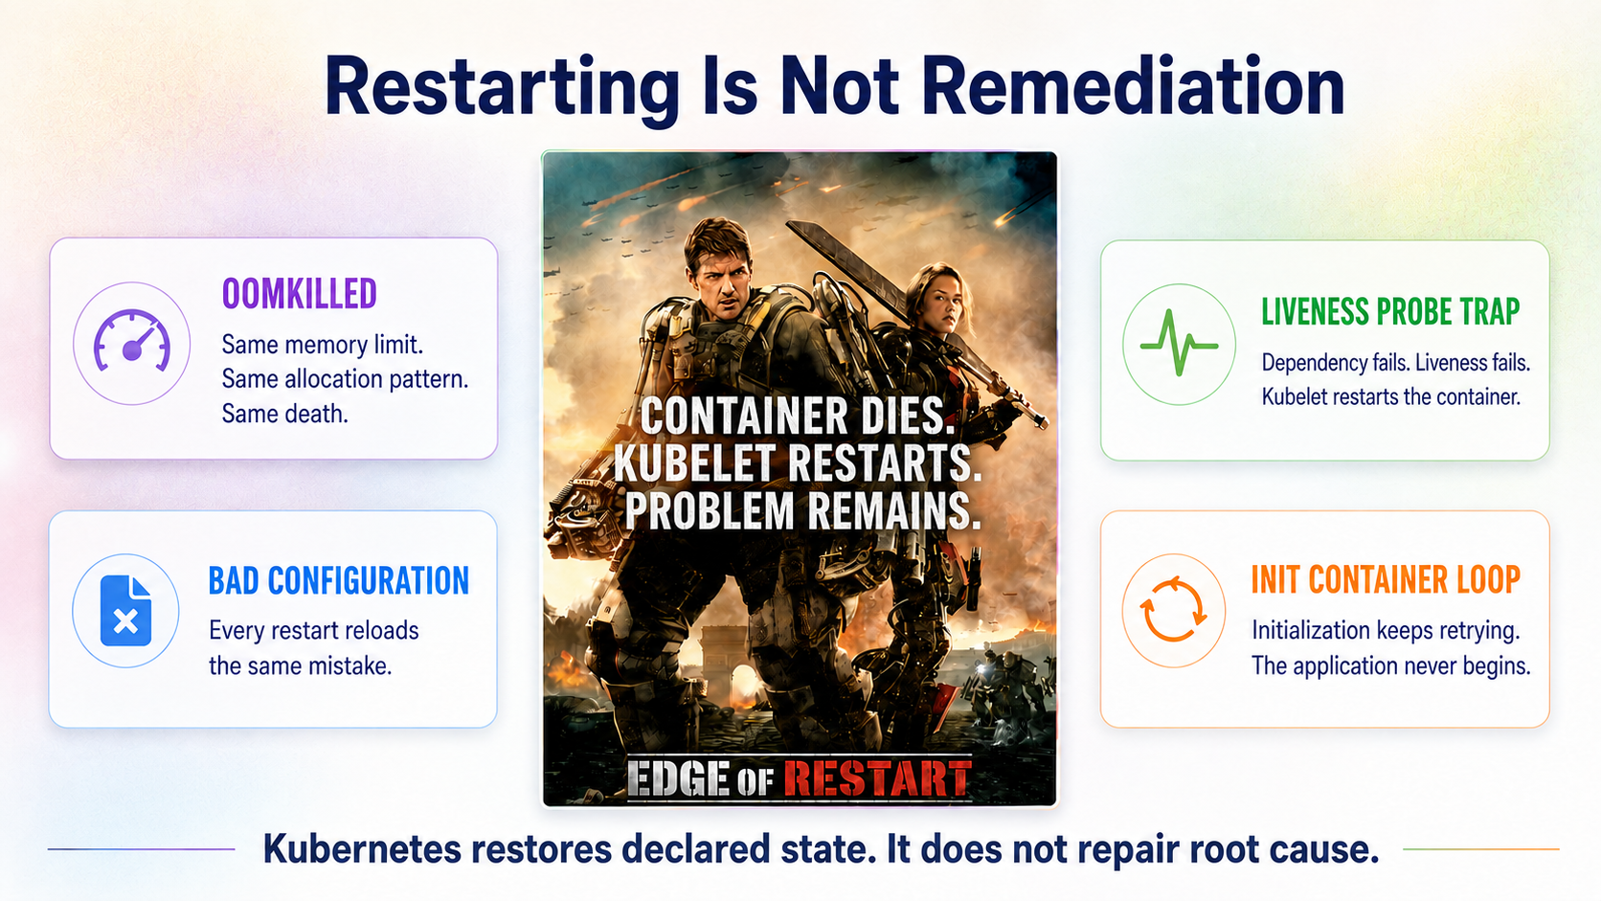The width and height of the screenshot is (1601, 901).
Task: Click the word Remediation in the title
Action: (1133, 86)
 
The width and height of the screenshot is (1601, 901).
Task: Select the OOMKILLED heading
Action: (299, 294)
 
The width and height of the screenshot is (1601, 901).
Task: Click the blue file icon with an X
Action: (125, 611)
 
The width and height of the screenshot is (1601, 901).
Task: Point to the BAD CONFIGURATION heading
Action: (339, 581)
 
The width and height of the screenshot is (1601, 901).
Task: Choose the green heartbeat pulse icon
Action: (1179, 344)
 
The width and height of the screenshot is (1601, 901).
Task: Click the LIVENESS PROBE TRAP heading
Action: (1390, 312)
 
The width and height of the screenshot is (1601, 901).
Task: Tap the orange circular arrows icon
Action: (1174, 610)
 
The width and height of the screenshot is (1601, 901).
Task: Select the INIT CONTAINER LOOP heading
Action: (1386, 579)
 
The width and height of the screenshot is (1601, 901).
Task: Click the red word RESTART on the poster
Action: (878, 778)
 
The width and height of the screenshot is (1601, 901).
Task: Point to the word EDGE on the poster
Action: (678, 778)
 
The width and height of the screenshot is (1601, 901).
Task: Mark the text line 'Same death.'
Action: (284, 414)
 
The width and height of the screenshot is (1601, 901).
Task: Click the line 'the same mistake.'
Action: (301, 665)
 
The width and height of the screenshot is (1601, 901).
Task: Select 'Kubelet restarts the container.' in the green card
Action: (1390, 396)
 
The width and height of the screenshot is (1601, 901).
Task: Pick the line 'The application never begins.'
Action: (1391, 665)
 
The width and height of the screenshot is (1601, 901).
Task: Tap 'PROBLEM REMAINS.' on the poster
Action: (801, 510)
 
